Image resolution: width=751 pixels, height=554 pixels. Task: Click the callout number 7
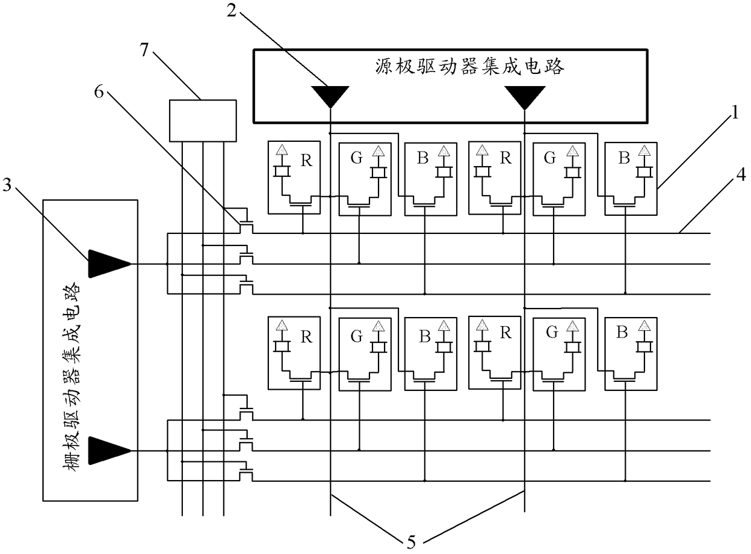point(145,50)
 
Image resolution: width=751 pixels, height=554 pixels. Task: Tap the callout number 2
point(231,10)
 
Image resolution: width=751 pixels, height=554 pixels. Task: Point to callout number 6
point(99,92)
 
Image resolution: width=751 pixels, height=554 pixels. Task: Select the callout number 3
point(7,184)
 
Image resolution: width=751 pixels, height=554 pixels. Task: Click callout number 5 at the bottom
point(411,542)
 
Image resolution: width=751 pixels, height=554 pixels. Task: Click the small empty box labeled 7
point(203,121)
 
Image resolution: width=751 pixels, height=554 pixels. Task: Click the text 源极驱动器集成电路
point(469,66)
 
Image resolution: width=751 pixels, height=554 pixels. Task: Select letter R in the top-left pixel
point(306,161)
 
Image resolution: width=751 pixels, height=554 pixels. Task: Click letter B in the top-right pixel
point(624,158)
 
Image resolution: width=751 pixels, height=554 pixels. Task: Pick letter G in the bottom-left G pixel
point(356,336)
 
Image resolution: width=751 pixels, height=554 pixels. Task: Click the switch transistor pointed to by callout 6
point(246,225)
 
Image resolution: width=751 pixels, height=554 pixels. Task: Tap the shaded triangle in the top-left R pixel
point(282,150)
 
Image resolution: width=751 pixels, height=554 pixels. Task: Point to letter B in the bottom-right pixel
point(622,332)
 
